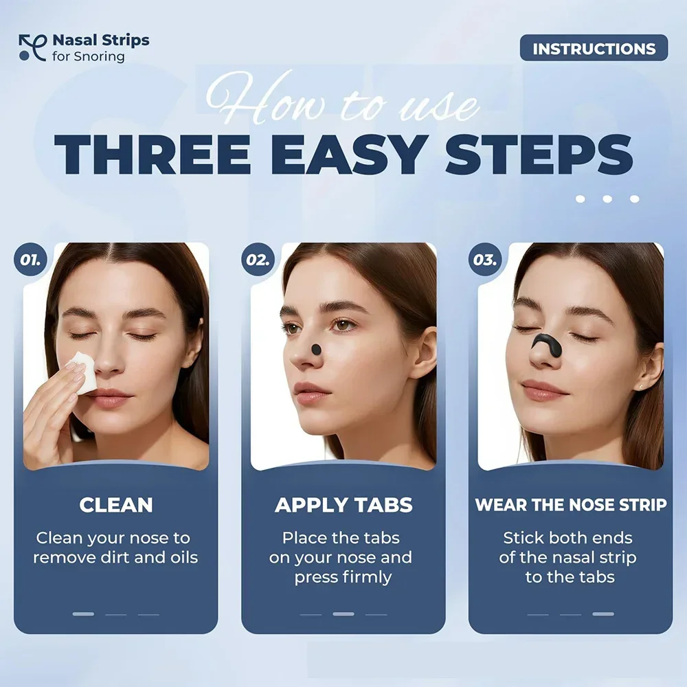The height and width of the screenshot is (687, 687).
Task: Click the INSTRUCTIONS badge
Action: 594,48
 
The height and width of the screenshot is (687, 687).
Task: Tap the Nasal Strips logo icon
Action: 32,47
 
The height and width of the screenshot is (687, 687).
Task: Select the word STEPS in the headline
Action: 539,156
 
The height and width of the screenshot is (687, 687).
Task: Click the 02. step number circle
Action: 258,261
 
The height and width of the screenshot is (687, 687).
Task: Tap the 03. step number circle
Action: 485,261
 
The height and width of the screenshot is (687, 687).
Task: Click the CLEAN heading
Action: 115,505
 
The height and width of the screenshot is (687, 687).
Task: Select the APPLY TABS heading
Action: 343,505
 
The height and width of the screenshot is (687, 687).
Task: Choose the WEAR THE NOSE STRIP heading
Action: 571,505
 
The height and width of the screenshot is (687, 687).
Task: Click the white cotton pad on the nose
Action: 84,371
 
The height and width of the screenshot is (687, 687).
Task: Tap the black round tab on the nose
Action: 316,350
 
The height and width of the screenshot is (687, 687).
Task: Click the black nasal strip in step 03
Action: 551,341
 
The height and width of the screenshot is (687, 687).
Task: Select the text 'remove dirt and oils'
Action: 115,557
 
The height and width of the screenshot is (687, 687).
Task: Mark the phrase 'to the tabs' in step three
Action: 570,576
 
